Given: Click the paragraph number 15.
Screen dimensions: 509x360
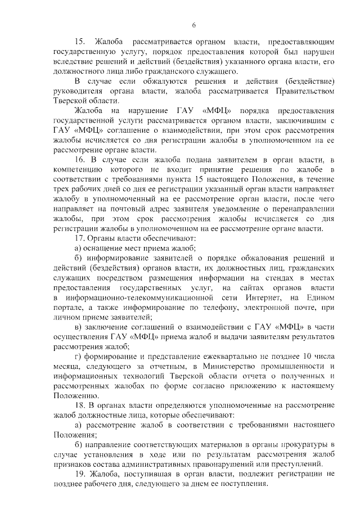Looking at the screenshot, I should pos(79,42).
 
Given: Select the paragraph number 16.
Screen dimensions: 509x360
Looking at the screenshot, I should pos(79,160).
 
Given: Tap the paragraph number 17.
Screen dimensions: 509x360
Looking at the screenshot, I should pos(79,238).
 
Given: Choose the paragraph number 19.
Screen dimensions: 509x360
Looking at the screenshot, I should pos(79,474).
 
